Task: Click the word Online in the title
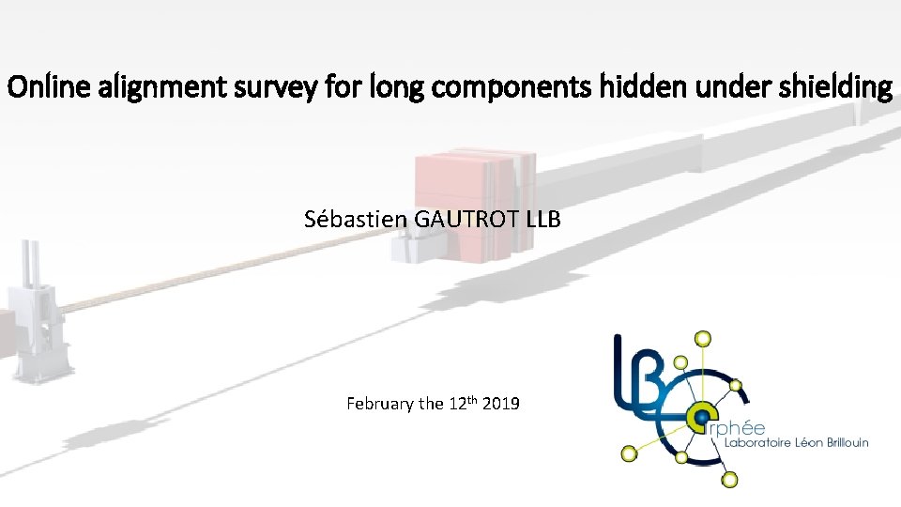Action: click(x=36, y=88)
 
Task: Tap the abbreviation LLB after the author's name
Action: click(x=543, y=220)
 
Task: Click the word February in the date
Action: click(x=381, y=404)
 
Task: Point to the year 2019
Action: click(x=503, y=404)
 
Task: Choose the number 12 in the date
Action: click(x=458, y=404)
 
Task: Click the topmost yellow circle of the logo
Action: click(x=702, y=338)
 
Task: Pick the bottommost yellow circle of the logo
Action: click(x=729, y=480)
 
